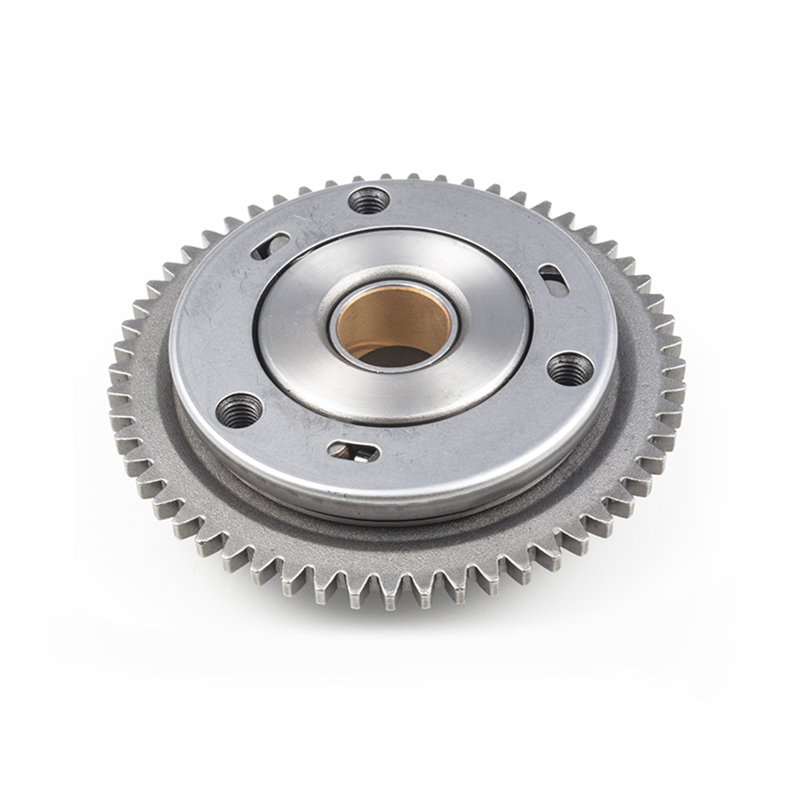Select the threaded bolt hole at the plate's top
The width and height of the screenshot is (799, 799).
pos(369,200)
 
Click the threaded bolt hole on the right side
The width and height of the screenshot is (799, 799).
pos(570,368)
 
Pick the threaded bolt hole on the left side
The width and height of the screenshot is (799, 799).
pos(238,410)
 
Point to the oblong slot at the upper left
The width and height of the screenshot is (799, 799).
pos(270,245)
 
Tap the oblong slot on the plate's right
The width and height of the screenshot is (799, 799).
pos(553,280)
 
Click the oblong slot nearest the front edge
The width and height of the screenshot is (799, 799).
pos(352,451)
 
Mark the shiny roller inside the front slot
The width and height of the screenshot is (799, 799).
pos(361,454)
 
